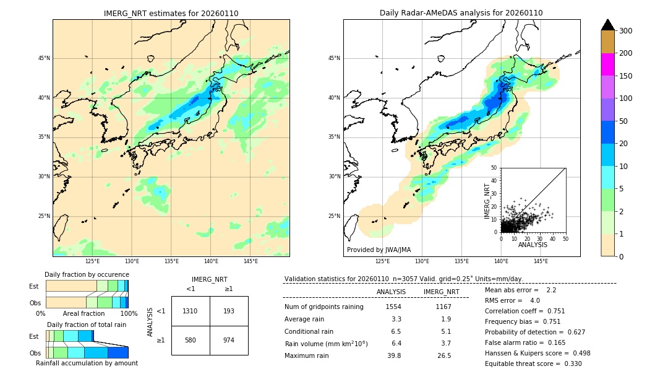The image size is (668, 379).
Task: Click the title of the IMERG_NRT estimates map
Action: (x=171, y=13)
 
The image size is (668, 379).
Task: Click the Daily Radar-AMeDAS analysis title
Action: (x=461, y=13)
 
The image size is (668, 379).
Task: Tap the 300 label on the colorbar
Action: (x=626, y=31)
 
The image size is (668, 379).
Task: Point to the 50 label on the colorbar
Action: (x=623, y=121)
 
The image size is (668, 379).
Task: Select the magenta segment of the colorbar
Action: (x=607, y=64)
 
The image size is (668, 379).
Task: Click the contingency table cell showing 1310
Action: (x=191, y=311)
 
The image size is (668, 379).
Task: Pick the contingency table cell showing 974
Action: (x=229, y=340)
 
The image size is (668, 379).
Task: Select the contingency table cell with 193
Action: (x=229, y=311)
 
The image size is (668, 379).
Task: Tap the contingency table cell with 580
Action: (x=191, y=340)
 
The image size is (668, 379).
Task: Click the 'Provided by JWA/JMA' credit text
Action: (x=379, y=250)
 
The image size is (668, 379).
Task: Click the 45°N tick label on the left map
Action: (x=43, y=58)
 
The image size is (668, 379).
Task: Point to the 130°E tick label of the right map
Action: (x=422, y=262)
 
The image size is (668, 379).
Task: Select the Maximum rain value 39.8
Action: (x=393, y=355)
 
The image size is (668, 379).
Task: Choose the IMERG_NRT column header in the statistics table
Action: (x=441, y=292)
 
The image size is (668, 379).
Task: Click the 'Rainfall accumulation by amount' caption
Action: (x=87, y=364)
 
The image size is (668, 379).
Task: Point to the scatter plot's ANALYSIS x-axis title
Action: (x=533, y=245)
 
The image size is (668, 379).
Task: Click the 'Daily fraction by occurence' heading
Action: (x=87, y=274)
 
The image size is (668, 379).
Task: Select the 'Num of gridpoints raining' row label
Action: (x=323, y=307)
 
